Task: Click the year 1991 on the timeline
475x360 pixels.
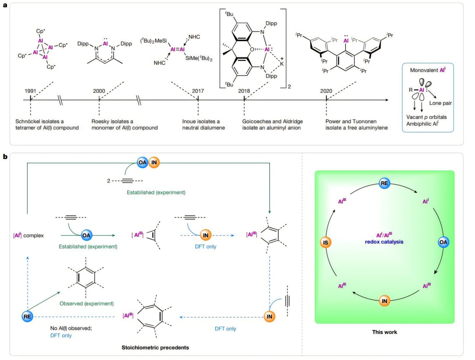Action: pyautogui.click(x=30, y=91)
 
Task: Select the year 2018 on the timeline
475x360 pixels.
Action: pyautogui.click(x=244, y=91)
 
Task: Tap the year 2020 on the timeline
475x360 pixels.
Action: pyautogui.click(x=326, y=91)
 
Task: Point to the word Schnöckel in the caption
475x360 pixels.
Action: pyautogui.click(x=28, y=121)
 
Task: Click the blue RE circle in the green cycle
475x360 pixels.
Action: pyautogui.click(x=384, y=183)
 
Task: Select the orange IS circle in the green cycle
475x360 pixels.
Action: pyautogui.click(x=325, y=242)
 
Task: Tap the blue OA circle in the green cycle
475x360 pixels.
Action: pyautogui.click(x=443, y=242)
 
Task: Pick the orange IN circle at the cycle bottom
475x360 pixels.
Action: pyautogui.click(x=384, y=301)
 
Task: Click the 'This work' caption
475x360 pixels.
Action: pyautogui.click(x=384, y=332)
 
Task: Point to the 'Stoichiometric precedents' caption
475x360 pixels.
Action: pyautogui.click(x=155, y=347)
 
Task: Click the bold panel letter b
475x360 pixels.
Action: pyautogui.click(x=5, y=156)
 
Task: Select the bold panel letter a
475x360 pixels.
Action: pyautogui.click(x=5, y=6)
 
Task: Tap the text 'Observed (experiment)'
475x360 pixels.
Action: pyautogui.click(x=86, y=303)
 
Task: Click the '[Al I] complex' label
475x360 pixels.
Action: pyautogui.click(x=28, y=235)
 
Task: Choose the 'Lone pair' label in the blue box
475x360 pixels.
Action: pyautogui.click(x=440, y=103)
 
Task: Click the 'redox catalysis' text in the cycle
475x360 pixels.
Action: pyautogui.click(x=384, y=242)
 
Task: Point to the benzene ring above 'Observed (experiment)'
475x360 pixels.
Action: pyautogui.click(x=86, y=277)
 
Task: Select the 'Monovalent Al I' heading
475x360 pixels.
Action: pyautogui.click(x=427, y=70)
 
